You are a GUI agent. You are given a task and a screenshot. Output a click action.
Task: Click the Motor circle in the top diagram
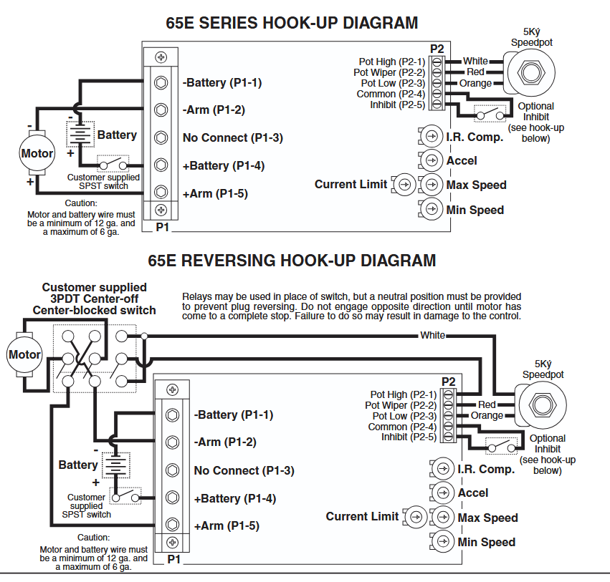click(x=37, y=153)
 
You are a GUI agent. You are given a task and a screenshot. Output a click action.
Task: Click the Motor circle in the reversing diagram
click(x=24, y=354)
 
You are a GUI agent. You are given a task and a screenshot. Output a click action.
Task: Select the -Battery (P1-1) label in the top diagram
click(x=222, y=83)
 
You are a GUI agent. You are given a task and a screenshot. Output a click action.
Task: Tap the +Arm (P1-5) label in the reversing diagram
click(x=227, y=525)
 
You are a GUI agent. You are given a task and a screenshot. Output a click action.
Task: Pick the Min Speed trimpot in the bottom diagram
click(x=443, y=541)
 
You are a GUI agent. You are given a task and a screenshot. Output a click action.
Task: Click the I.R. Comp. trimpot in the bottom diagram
click(x=443, y=469)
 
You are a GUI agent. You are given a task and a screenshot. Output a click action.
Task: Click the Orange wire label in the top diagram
click(x=476, y=83)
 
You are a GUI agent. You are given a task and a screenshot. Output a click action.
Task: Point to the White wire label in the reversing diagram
click(x=432, y=335)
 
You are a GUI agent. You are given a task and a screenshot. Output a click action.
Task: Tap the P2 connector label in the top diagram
click(x=437, y=49)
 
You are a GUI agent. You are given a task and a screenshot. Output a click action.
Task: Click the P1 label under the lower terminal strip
click(x=173, y=559)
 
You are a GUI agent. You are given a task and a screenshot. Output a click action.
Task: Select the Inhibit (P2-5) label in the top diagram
click(x=397, y=105)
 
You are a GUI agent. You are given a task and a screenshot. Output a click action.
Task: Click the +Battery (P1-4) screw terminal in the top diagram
click(x=161, y=165)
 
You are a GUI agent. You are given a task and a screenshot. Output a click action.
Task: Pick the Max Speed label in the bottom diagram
click(x=487, y=518)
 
